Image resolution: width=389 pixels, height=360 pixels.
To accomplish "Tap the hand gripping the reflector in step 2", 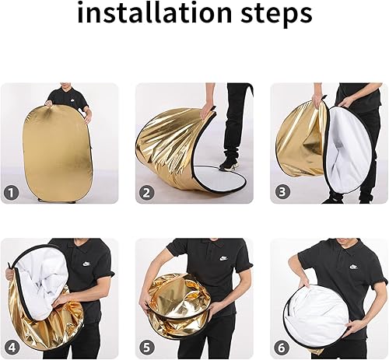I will click(x=206, y=110).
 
